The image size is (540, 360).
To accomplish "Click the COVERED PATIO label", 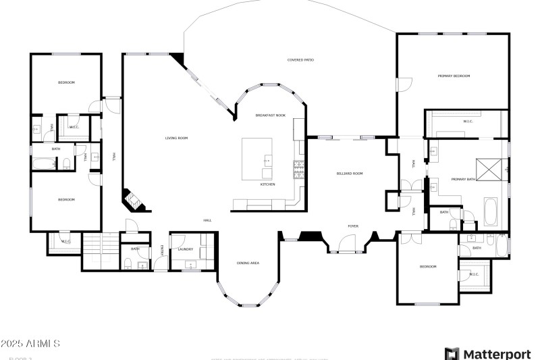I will click(300, 60).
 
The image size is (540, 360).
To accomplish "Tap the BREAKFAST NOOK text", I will click(270, 115).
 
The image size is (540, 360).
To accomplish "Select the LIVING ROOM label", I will click(176, 138).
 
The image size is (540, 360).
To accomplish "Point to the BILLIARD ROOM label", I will click(350, 174).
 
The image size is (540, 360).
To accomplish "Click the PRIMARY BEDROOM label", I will click(454, 76).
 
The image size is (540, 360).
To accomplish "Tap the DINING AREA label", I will click(248, 263).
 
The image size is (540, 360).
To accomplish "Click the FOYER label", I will click(353, 226).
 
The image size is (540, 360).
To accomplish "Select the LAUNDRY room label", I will click(186, 249).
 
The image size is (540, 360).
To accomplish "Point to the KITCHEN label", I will click(268, 184).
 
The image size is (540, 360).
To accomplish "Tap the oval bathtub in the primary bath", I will click(490, 212).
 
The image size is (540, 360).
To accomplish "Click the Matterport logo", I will click(487, 353).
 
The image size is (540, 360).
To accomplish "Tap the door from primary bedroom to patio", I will click(404, 84).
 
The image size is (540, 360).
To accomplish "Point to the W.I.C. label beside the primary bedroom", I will click(467, 121).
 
